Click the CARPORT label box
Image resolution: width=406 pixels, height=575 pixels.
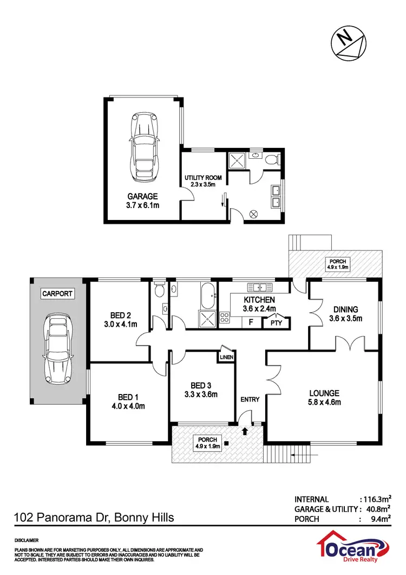coord(57,294)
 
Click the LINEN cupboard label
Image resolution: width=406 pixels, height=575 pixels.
coord(226,357)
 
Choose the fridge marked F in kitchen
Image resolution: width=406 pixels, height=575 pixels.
coord(251,322)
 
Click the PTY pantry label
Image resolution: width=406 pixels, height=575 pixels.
coord(276,323)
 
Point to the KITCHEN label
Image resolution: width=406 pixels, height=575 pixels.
coord(259,300)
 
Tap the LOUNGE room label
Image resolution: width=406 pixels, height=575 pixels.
coord(324,393)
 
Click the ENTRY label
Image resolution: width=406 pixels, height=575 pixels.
coord(250,399)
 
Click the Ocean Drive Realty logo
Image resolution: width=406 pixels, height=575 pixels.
coord(355,548)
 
